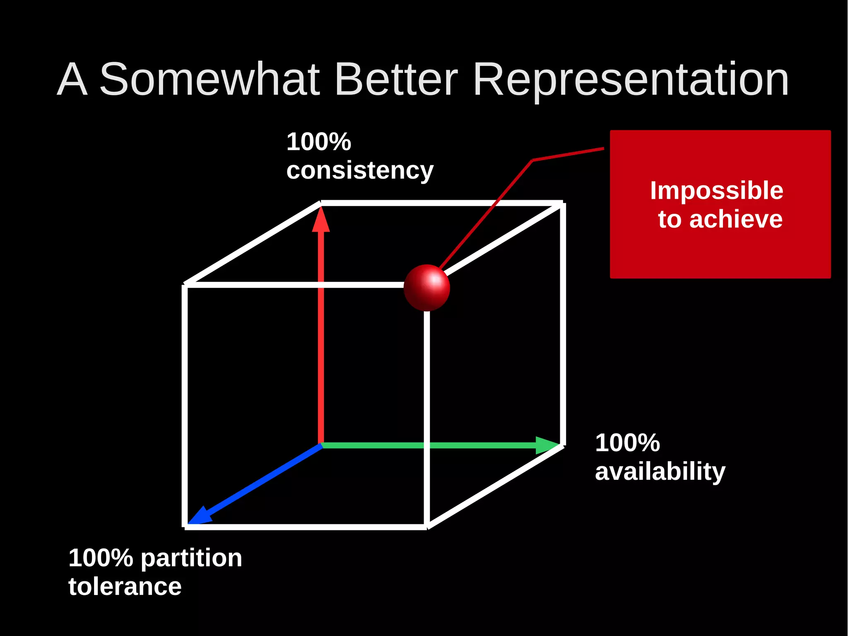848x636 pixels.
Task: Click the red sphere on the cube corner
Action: pos(426,288)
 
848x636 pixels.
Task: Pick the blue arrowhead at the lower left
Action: pos(199,516)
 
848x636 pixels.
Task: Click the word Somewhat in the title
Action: pos(210,79)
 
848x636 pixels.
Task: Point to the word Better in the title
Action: pos(396,79)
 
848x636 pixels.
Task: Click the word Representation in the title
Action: pos(630,79)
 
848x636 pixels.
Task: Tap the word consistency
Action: pos(359,170)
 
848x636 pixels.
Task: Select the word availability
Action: pos(660,472)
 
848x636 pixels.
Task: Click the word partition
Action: pos(191,558)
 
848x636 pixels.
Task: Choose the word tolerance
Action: pos(125,587)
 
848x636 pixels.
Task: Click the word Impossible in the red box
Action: pos(716,191)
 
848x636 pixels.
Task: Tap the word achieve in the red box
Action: pos(736,219)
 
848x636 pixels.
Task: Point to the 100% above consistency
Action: pos(318,142)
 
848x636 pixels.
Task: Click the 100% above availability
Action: pos(627,443)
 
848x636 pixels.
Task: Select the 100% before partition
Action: pos(101,558)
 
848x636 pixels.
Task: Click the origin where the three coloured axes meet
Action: pos(321,445)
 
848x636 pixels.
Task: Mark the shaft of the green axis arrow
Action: pos(426,445)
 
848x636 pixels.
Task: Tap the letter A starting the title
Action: pos(72,79)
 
